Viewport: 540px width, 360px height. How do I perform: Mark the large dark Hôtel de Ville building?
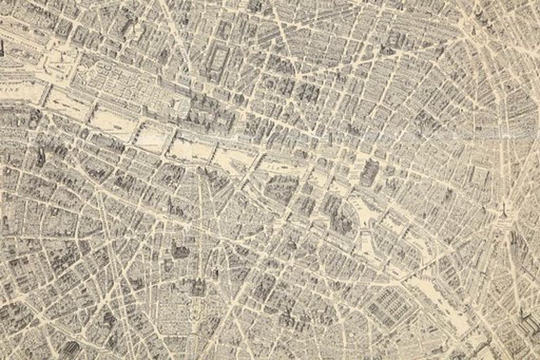click(x=368, y=172)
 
